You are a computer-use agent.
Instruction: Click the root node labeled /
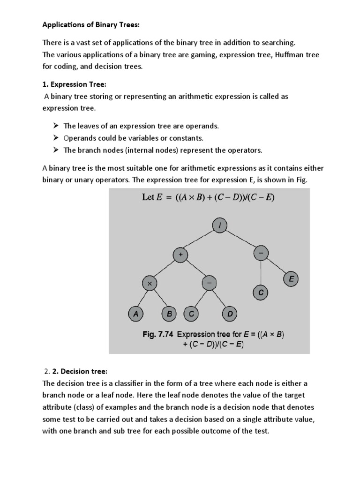[220, 226]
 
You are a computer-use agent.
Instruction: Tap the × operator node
[150, 284]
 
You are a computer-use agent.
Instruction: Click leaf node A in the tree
[135, 314]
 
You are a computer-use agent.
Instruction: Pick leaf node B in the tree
[169, 314]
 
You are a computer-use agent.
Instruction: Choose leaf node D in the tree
[230, 314]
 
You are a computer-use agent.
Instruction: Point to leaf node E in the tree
[291, 280]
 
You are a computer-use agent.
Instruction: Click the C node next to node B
[191, 314]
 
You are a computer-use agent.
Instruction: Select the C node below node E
[260, 293]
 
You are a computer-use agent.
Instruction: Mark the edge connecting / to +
[200, 240]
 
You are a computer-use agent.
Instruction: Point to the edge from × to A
[142, 298]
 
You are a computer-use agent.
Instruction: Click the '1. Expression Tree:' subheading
[75, 84]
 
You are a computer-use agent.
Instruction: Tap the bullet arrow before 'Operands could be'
[55, 138]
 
